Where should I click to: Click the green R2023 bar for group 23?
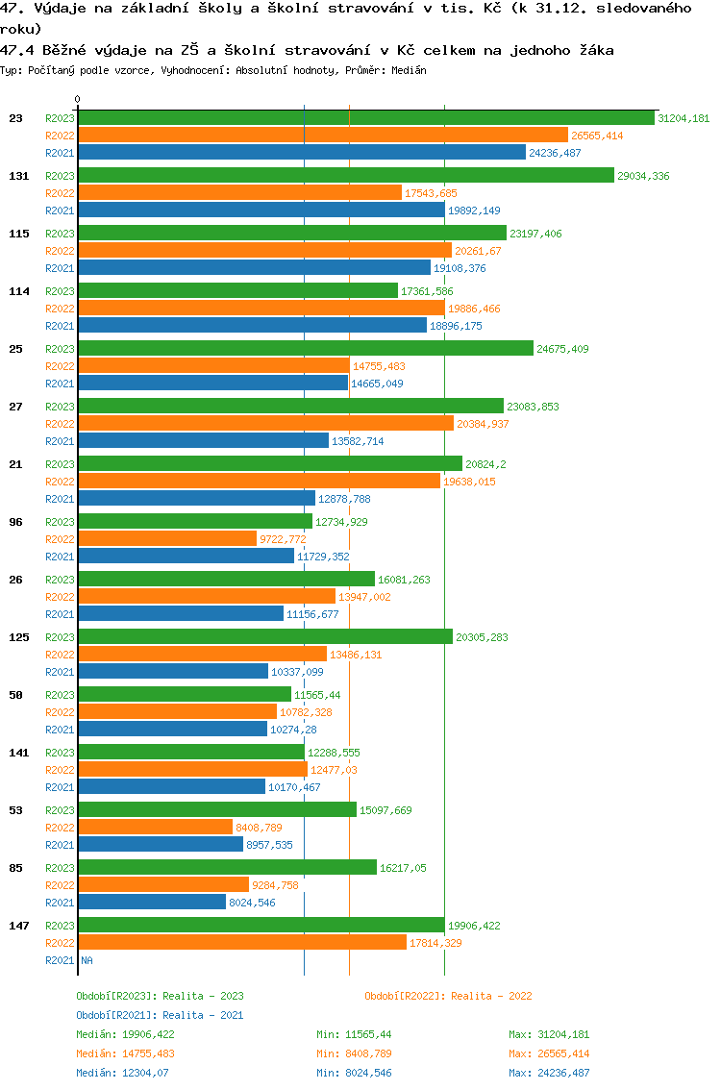[x=366, y=118]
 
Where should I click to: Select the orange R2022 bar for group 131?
[x=239, y=193]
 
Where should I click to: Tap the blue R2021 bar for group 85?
[x=152, y=903]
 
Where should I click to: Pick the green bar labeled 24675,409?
[x=306, y=349]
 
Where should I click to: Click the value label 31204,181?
[x=684, y=118]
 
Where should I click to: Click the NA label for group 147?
[x=87, y=960]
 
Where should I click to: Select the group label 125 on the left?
[x=18, y=637]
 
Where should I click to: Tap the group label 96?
[x=15, y=522]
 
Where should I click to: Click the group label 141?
[x=18, y=753]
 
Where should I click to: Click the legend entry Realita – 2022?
[x=448, y=996]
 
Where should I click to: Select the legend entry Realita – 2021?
[x=160, y=1015]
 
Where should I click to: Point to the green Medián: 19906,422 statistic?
[x=125, y=1034]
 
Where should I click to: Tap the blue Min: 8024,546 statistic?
[x=354, y=1073]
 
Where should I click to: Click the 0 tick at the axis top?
[x=78, y=99]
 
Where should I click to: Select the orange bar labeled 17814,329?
[x=242, y=943]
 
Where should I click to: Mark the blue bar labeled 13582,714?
[x=203, y=441]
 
